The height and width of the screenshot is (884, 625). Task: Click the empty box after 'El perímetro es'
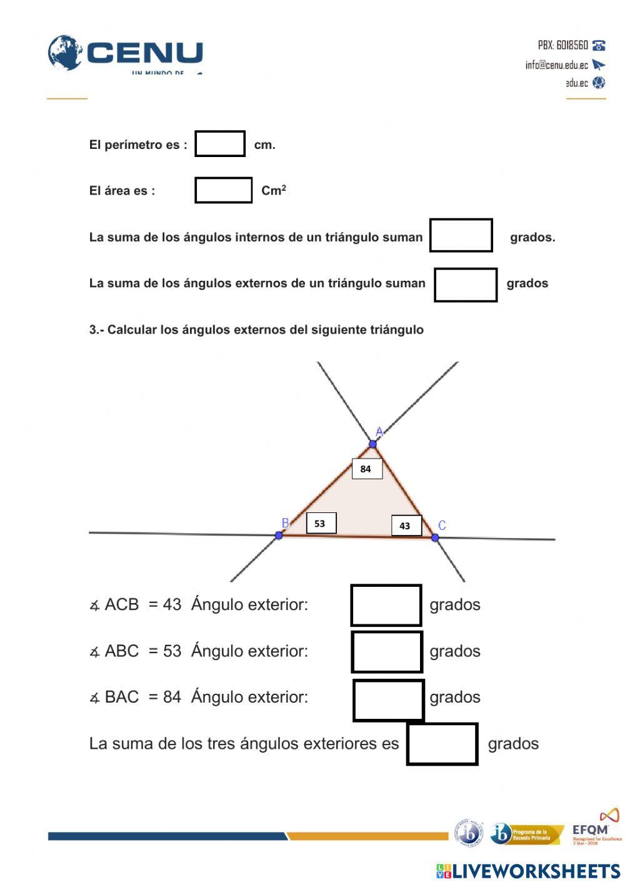220,144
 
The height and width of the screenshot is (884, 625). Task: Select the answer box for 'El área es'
223,190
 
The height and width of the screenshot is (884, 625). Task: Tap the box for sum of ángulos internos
461,235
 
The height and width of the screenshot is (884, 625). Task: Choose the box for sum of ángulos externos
466,285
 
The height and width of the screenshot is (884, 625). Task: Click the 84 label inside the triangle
367,469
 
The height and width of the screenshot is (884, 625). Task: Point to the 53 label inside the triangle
321,524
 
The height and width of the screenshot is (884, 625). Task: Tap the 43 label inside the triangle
406,526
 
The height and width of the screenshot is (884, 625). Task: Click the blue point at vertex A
373,444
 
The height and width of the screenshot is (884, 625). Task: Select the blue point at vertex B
279,536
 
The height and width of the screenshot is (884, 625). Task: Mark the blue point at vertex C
435,537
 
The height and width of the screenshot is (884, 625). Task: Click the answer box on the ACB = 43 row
386,605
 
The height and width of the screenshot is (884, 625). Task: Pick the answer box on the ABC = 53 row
387,652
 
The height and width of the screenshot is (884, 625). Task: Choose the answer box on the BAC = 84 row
389,700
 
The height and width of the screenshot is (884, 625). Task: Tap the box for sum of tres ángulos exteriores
442,744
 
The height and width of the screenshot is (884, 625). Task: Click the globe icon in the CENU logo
65,53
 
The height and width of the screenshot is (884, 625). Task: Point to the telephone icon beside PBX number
599,45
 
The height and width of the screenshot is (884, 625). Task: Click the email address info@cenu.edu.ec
556,65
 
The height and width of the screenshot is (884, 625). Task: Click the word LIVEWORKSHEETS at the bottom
536,871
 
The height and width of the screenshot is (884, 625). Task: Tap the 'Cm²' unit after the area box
274,190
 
